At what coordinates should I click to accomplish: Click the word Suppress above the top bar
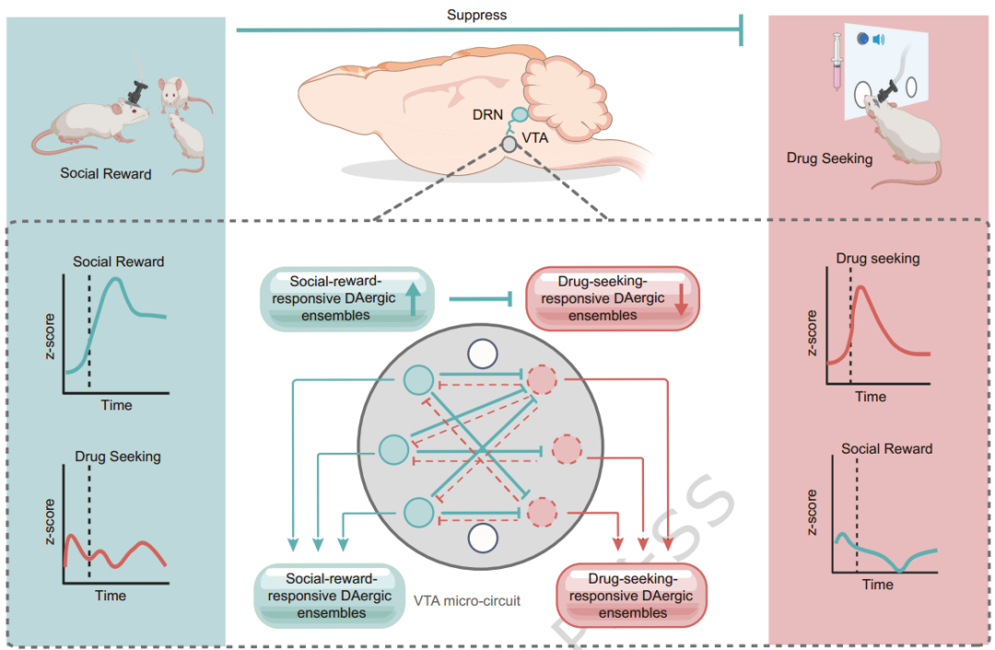pyautogui.click(x=476, y=15)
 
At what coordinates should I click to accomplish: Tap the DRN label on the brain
pyautogui.click(x=487, y=115)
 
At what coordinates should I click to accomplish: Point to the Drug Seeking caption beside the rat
pyautogui.click(x=829, y=159)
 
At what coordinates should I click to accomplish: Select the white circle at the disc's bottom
pyautogui.click(x=483, y=538)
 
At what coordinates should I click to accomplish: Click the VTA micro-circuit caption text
pyautogui.click(x=467, y=601)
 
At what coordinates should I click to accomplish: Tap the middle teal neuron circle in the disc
pyautogui.click(x=393, y=450)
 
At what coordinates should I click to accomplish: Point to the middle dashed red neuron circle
pyautogui.click(x=567, y=450)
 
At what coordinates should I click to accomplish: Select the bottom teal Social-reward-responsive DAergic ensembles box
pyautogui.click(x=331, y=595)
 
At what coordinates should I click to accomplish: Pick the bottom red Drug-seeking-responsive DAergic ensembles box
pyautogui.click(x=630, y=595)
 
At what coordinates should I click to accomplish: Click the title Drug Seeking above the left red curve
pyautogui.click(x=117, y=456)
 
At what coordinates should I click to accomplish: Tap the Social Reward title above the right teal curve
pyautogui.click(x=886, y=449)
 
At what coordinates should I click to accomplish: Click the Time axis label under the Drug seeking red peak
pyautogui.click(x=871, y=396)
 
